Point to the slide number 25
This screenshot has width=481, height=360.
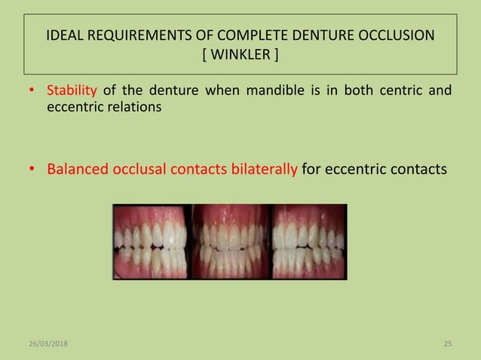[447, 344]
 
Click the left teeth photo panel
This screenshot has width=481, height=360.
[152, 242]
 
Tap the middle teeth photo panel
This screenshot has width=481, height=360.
[231, 242]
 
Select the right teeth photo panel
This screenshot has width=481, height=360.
[308, 242]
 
